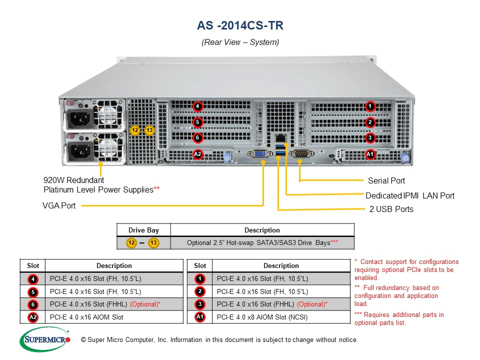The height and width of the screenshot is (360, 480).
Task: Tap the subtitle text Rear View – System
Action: (240, 42)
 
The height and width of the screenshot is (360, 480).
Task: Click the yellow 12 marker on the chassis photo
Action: (134, 130)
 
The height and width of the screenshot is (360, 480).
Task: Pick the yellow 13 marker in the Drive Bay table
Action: (153, 243)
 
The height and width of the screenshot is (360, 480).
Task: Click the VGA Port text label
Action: (59, 205)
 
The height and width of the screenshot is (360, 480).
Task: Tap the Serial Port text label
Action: (386, 180)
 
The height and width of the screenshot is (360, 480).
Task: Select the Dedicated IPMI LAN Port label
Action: (410, 195)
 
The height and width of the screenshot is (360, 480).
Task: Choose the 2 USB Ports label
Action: (391, 209)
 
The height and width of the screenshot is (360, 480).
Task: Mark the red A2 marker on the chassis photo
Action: (198, 154)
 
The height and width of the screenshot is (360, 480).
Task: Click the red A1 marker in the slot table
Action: (200, 316)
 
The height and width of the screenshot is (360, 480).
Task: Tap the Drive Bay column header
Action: (143, 230)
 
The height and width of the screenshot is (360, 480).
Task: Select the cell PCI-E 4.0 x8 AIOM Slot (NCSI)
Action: (262, 316)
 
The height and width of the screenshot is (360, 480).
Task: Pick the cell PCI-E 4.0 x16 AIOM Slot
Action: (87, 316)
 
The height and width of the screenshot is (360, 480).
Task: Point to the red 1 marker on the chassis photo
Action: (370, 106)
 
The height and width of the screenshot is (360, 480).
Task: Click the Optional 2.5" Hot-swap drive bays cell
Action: (262, 243)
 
